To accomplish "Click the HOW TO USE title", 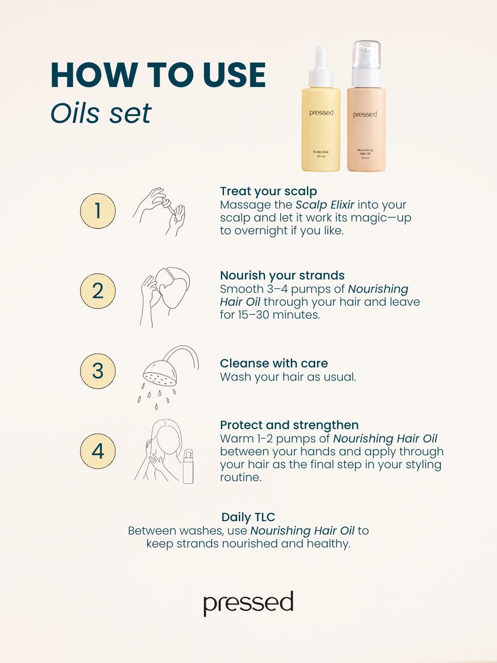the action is pyautogui.click(x=158, y=75).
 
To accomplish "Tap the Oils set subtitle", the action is pyautogui.click(x=101, y=113).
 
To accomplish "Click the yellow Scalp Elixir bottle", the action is pyautogui.click(x=321, y=109).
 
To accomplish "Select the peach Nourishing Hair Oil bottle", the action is pyautogui.click(x=366, y=106).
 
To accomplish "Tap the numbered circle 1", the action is pyautogui.click(x=98, y=211).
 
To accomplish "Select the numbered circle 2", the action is pyautogui.click(x=98, y=291).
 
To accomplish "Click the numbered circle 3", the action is pyautogui.click(x=98, y=371).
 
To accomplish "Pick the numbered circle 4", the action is pyautogui.click(x=98, y=451).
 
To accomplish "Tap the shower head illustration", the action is pyautogui.click(x=168, y=378).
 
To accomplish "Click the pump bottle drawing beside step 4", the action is pyautogui.click(x=188, y=467).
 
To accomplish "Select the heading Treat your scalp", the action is pyautogui.click(x=269, y=191).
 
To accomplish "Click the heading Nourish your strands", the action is pyautogui.click(x=282, y=275).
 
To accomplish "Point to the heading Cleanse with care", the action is pyautogui.click(x=274, y=363).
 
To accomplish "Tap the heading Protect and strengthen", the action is pyautogui.click(x=289, y=425).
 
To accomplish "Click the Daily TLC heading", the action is pyautogui.click(x=248, y=517).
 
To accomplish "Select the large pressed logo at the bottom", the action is pyautogui.click(x=248, y=604).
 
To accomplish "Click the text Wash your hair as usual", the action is pyautogui.click(x=288, y=377).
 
